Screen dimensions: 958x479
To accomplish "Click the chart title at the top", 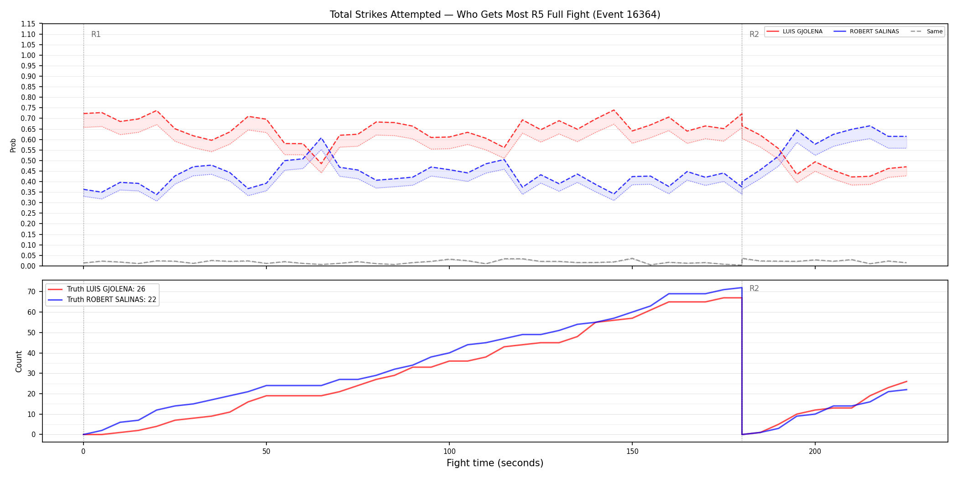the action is pyautogui.click(x=495, y=15).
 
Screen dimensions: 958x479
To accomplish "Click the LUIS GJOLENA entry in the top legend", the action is pyautogui.click(x=795, y=31).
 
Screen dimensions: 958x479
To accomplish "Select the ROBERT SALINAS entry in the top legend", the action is pyautogui.click(x=866, y=31).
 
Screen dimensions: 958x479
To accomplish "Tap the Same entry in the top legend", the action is pyautogui.click(x=927, y=31).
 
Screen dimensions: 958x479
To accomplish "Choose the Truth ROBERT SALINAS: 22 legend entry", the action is pyautogui.click(x=102, y=300).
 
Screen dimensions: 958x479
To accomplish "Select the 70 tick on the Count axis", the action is pyautogui.click(x=31, y=292).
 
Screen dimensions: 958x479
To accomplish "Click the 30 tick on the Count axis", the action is pyautogui.click(x=31, y=374).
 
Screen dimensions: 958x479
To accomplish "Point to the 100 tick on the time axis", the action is pyautogui.click(x=449, y=452).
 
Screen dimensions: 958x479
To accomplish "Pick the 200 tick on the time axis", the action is pyautogui.click(x=815, y=452).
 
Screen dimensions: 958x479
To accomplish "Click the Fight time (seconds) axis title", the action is pyautogui.click(x=495, y=463).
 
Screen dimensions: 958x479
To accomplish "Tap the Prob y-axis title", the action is pyautogui.click(x=13, y=145).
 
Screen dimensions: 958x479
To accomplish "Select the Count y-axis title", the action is pyautogui.click(x=19, y=361).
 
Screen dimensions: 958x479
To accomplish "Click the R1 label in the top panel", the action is pyautogui.click(x=96, y=34).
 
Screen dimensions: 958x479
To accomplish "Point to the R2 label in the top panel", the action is pyautogui.click(x=754, y=34).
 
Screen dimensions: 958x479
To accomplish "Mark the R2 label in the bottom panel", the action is pyautogui.click(x=754, y=288).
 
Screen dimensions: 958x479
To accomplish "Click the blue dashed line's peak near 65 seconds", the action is pyautogui.click(x=321, y=138).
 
